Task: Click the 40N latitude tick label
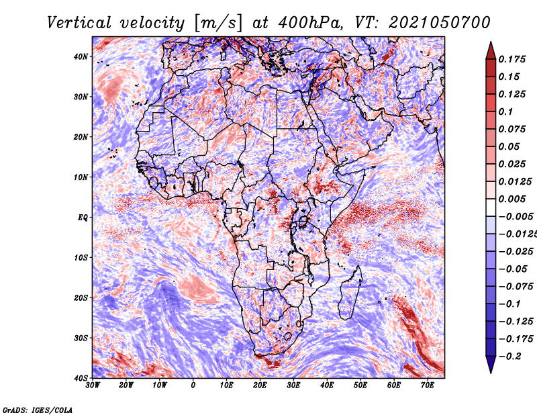click(81, 56)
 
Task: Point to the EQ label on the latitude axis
click(83, 218)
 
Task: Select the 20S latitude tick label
click(81, 297)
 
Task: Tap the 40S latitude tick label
click(81, 378)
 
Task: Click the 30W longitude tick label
click(93, 385)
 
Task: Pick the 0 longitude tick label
click(193, 385)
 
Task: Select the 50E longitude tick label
click(360, 385)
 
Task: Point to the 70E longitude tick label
click(428, 385)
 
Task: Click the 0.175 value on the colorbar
click(511, 59)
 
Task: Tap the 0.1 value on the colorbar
click(505, 111)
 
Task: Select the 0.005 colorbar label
click(511, 199)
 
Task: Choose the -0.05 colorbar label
click(513, 269)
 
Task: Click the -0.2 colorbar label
click(509, 357)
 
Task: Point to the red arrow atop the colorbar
click(491, 51)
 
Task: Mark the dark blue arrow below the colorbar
click(491, 365)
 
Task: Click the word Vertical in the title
click(79, 23)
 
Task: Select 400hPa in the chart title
click(310, 23)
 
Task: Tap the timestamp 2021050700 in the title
click(440, 23)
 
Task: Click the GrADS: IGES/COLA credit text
click(38, 410)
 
